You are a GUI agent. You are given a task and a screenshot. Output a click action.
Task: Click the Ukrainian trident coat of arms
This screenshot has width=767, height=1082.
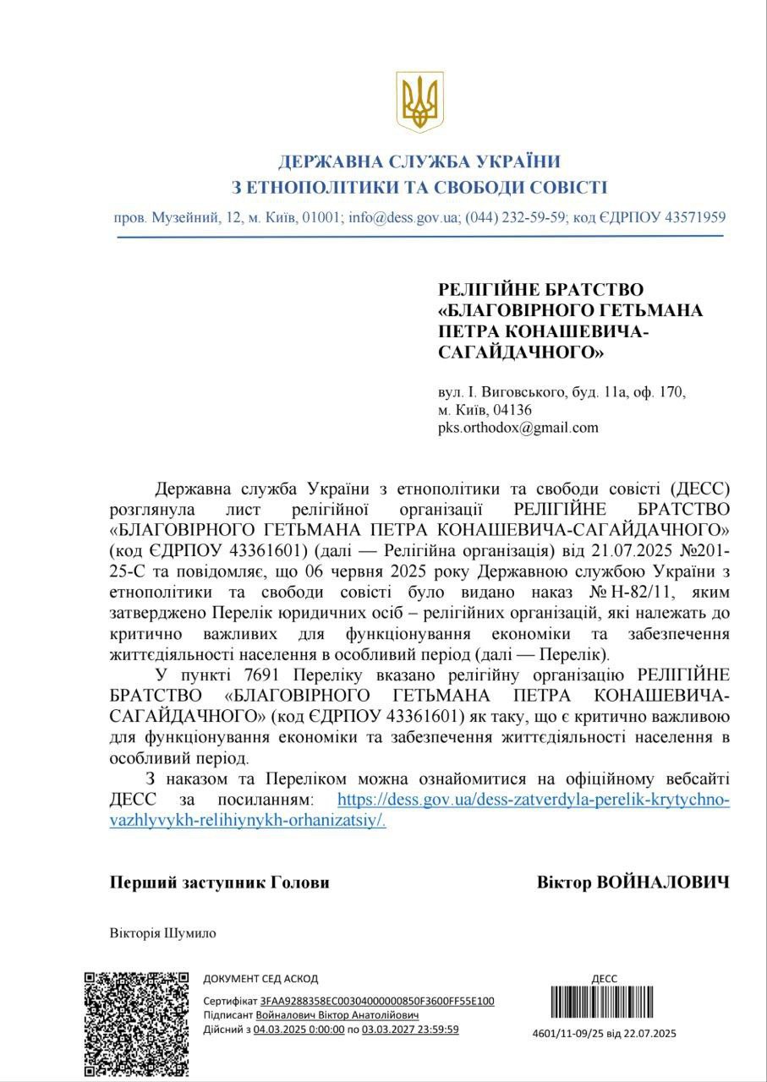tap(420, 101)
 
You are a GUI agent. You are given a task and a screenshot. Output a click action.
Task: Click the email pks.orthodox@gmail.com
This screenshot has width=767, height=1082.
tap(518, 428)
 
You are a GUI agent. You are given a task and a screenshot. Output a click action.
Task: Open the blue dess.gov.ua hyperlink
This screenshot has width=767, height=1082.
tap(533, 799)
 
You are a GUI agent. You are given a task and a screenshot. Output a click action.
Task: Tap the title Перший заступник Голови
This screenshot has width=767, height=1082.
tap(220, 883)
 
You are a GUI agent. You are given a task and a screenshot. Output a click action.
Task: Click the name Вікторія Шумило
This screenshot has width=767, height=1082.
tap(163, 933)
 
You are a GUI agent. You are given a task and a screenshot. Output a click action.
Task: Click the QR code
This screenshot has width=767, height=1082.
tap(136, 1024)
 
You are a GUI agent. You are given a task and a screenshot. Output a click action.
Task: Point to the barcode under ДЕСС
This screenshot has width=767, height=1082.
tap(605, 1003)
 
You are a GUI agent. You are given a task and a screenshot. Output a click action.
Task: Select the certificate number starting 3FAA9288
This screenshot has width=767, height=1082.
tap(377, 1002)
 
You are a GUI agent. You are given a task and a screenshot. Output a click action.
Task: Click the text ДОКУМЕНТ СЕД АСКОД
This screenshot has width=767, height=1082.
tap(260, 979)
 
